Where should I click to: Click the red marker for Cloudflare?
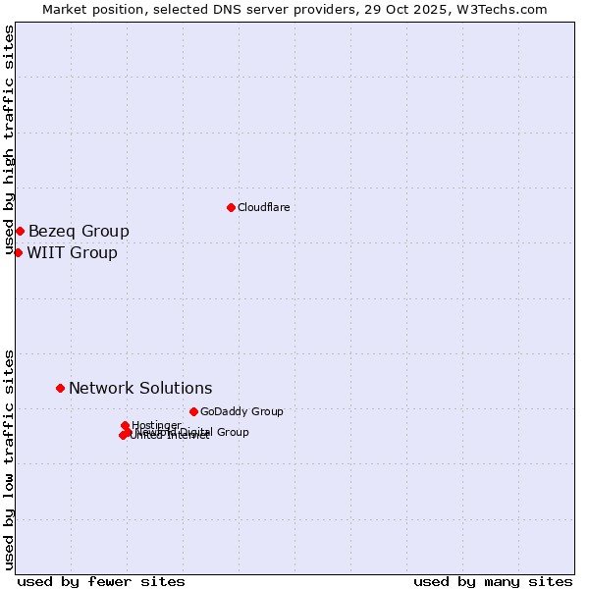tap(231, 207)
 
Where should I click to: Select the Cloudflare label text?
tap(263, 208)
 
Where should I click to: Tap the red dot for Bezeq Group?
tap(20, 231)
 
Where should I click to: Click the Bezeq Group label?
tap(79, 232)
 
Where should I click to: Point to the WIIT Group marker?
tap(18, 252)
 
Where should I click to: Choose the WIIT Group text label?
tap(72, 253)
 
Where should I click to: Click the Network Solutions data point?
tap(60, 388)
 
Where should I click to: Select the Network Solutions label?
tap(140, 389)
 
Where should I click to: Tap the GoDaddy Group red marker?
tap(193, 411)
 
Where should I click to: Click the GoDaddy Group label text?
tap(241, 412)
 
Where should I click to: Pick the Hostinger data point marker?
tap(125, 425)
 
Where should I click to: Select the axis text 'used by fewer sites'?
tap(101, 581)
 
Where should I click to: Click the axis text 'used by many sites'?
tap(493, 581)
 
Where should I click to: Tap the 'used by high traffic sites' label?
tap(9, 139)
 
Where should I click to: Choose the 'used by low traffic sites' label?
tap(9, 459)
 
